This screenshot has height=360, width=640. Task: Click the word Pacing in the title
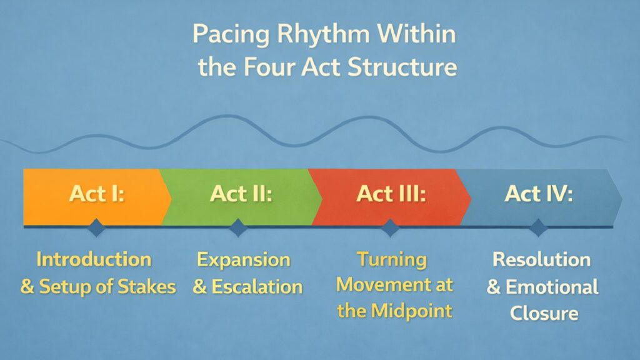click(x=230, y=35)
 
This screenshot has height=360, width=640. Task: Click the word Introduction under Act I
click(x=94, y=259)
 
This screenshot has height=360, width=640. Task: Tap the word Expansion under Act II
click(x=244, y=259)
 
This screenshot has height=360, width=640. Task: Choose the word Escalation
click(x=257, y=287)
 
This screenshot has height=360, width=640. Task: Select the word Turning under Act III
click(x=392, y=259)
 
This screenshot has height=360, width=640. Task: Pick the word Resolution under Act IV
click(x=542, y=259)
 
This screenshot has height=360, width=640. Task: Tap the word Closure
click(x=542, y=312)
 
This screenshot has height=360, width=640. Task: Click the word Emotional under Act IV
click(x=552, y=287)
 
